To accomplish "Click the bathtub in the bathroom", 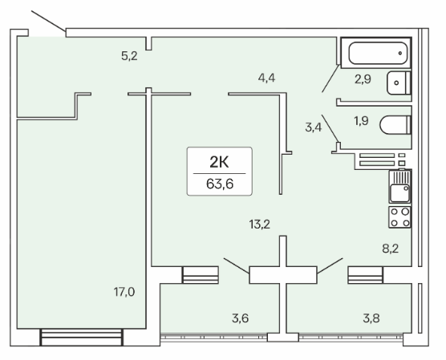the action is tap(376, 53).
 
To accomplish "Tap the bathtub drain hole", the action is tap(400, 53).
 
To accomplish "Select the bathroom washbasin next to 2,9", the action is tap(399, 83).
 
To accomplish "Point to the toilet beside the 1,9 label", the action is tap(395, 124).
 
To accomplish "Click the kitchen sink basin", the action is tap(399, 193).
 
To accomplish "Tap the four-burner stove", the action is tap(399, 217).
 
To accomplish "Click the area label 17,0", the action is tap(124, 292).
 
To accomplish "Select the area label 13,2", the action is tap(260, 224).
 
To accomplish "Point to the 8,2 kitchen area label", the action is tap(390, 249).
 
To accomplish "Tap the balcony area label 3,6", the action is tap(241, 318).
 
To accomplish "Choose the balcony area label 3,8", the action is tap(371, 318).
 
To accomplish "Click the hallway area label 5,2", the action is tap(129, 56).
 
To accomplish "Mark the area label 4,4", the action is tap(266, 78).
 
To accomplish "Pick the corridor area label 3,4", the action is tap(314, 127).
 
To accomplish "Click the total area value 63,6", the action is tap(220, 184).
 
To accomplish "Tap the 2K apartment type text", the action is tap(219, 163).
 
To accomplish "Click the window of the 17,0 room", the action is tap(82, 338).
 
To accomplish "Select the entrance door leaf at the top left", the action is tap(48, 21).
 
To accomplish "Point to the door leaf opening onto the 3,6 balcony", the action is tap(237, 266).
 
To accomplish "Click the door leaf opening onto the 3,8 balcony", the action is tap(330, 265).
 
